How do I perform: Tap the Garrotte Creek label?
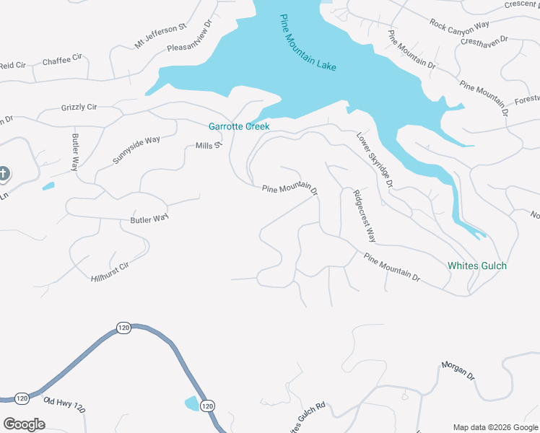click(239, 127)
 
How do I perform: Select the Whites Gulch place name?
click(477, 266)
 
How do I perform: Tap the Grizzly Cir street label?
click(79, 108)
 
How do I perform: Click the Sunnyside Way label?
click(136, 149)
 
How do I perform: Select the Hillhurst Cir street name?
click(110, 271)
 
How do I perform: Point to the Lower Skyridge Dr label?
click(374, 160)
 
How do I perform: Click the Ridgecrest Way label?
click(365, 216)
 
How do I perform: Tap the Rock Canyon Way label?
click(459, 25)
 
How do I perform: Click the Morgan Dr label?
click(458, 370)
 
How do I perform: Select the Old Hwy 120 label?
click(64, 404)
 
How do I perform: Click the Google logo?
click(24, 424)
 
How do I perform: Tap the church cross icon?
click(4, 173)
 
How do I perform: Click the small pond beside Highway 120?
click(191, 403)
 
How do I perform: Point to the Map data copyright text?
click(495, 427)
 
